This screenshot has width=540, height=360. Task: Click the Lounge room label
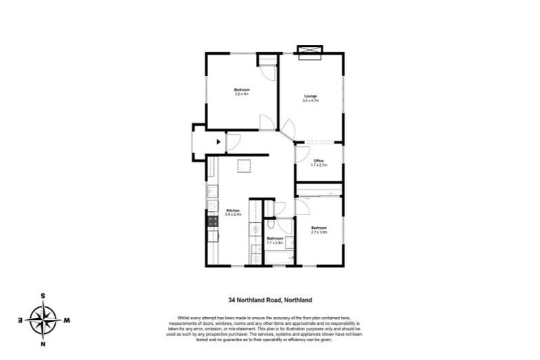click(x=310, y=96)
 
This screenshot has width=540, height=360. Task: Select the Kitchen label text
click(x=233, y=210)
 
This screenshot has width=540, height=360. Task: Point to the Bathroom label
click(x=275, y=238)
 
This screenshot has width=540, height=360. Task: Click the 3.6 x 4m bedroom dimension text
click(x=242, y=94)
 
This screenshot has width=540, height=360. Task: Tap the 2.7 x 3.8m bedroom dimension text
click(x=319, y=233)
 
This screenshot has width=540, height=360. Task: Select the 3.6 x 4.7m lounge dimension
click(x=311, y=101)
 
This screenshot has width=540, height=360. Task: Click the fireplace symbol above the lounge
click(x=309, y=50)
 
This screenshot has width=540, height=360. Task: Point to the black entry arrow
click(x=219, y=142)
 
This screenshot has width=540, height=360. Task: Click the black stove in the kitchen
click(x=212, y=223)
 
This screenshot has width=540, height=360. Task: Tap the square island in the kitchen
click(x=244, y=166)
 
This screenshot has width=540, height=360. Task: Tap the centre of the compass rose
click(x=44, y=320)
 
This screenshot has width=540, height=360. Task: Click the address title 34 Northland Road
click(x=269, y=299)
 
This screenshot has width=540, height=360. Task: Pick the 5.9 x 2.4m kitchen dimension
click(x=233, y=215)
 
